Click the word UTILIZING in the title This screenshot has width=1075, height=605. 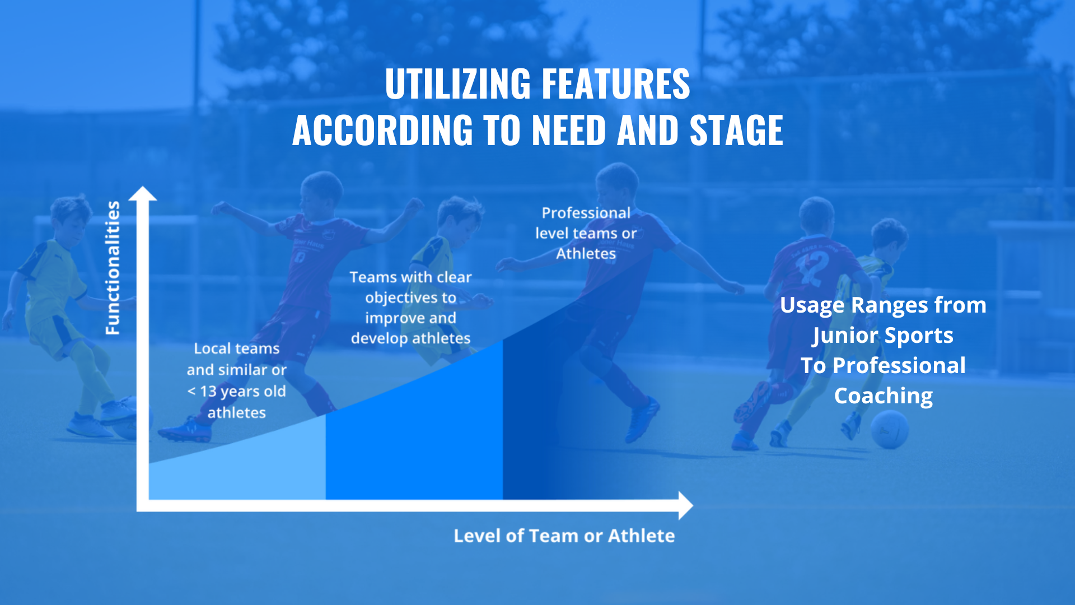(x=457, y=84)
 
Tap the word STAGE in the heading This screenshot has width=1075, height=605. (x=736, y=130)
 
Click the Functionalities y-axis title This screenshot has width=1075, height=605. (x=113, y=268)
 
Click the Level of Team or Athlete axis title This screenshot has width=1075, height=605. (x=564, y=536)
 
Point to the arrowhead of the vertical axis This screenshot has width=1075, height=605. (x=143, y=193)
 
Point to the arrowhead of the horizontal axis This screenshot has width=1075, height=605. (x=686, y=505)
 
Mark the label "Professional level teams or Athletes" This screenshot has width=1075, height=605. (x=586, y=233)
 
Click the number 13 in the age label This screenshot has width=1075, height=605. (x=208, y=391)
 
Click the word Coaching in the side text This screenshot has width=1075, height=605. (x=884, y=396)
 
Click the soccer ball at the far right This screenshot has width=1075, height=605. (x=890, y=429)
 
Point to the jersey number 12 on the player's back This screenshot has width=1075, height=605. (x=813, y=268)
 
